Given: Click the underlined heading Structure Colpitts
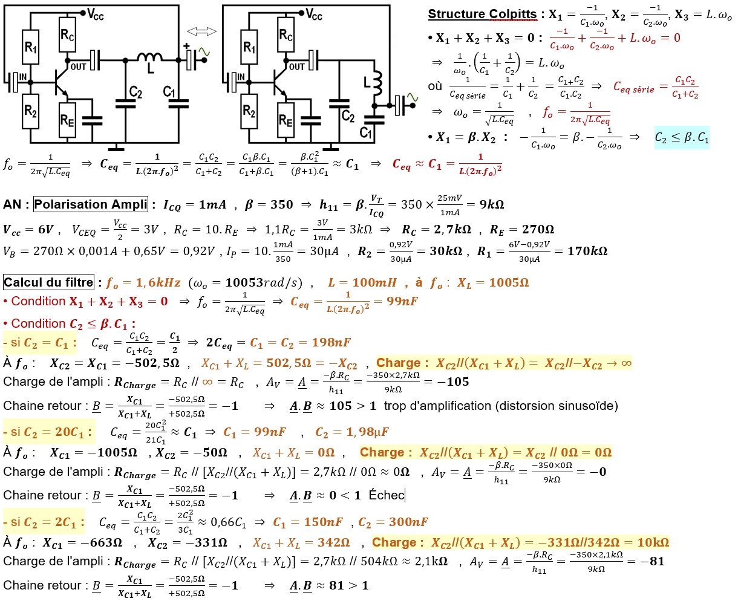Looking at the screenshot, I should pyautogui.click(x=482, y=15).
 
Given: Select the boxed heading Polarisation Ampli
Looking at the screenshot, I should pyautogui.click(x=90, y=204).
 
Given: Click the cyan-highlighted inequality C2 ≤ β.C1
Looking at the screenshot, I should pyautogui.click(x=682, y=138).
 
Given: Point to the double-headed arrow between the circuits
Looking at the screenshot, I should pyautogui.click(x=201, y=31).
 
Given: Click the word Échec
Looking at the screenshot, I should pyautogui.click(x=386, y=495).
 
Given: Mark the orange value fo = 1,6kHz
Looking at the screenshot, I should pyautogui.click(x=143, y=282).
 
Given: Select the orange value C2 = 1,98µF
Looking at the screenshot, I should pyautogui.click(x=352, y=432).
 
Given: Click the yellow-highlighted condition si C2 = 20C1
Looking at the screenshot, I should pyautogui.click(x=48, y=432).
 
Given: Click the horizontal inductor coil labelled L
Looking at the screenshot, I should pyautogui.click(x=149, y=58).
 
